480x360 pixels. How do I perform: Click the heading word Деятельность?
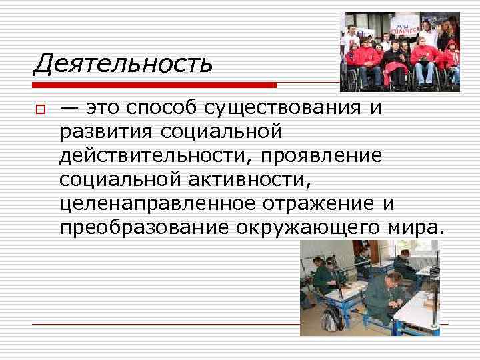[x=123, y=64]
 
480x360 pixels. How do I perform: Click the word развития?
[x=105, y=132]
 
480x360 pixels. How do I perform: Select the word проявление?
[x=321, y=155]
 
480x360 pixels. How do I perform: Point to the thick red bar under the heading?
[x=154, y=85]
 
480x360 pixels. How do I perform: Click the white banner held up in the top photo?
[x=405, y=29]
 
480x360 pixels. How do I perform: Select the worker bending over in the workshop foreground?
[x=383, y=293]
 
